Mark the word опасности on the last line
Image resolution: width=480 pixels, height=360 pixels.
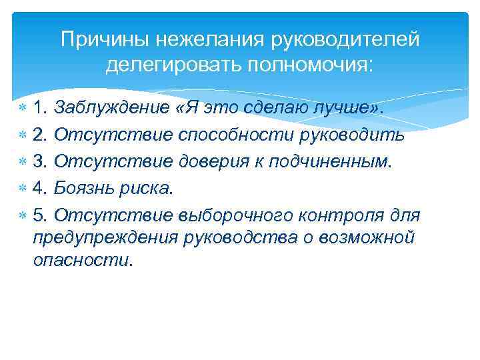[83, 259]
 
